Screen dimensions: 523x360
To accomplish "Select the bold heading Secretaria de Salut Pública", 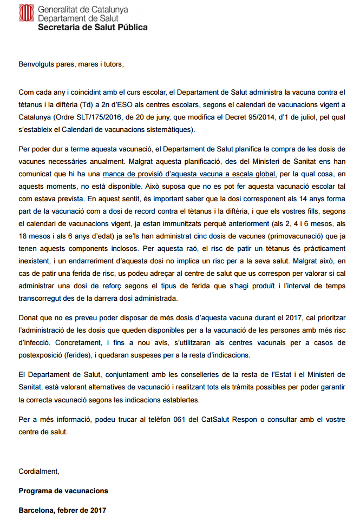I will tap(93, 27).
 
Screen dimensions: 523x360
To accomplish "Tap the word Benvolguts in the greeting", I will tap(38, 65).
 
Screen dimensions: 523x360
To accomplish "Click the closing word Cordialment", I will tap(39, 471).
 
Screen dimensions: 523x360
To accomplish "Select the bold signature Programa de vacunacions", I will tap(63, 491).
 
